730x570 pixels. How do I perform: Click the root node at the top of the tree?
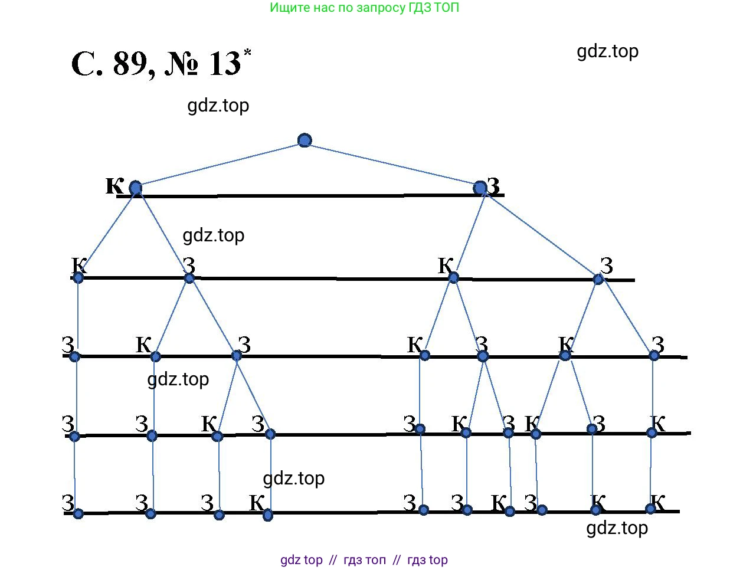click(305, 140)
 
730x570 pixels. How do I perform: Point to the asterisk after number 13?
click(247, 53)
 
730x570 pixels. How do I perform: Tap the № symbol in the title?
click(183, 64)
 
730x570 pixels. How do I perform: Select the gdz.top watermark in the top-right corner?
click(607, 51)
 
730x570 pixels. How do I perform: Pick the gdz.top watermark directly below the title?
click(218, 106)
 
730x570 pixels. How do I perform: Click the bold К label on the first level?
click(114, 185)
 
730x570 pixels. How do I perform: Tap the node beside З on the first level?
click(480, 188)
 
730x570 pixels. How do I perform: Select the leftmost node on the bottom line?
click(78, 513)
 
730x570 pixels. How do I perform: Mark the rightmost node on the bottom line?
click(650, 509)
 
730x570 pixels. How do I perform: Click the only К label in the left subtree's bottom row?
click(257, 503)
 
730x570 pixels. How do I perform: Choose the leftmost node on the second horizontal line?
click(78, 277)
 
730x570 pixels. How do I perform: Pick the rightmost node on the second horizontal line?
click(598, 279)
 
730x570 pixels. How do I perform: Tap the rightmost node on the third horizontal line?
click(654, 355)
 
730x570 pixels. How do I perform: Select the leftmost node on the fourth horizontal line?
click(74, 437)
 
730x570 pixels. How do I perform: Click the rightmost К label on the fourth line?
click(657, 423)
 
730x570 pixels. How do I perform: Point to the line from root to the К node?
click(220, 164)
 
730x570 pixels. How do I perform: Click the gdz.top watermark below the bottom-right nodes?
click(617, 528)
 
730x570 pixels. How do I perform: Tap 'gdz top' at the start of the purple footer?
click(302, 560)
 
